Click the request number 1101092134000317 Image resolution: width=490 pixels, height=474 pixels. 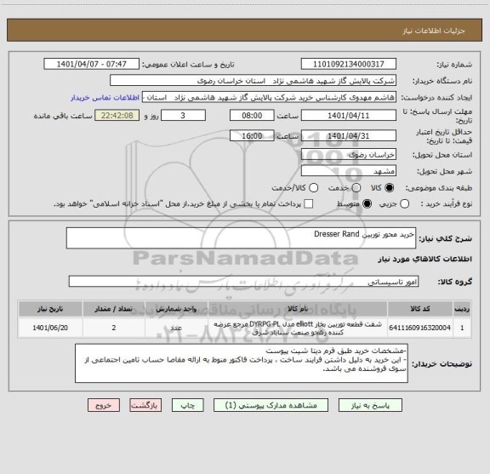pos(349,64)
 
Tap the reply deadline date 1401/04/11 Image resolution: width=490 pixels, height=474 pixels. pos(349,115)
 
